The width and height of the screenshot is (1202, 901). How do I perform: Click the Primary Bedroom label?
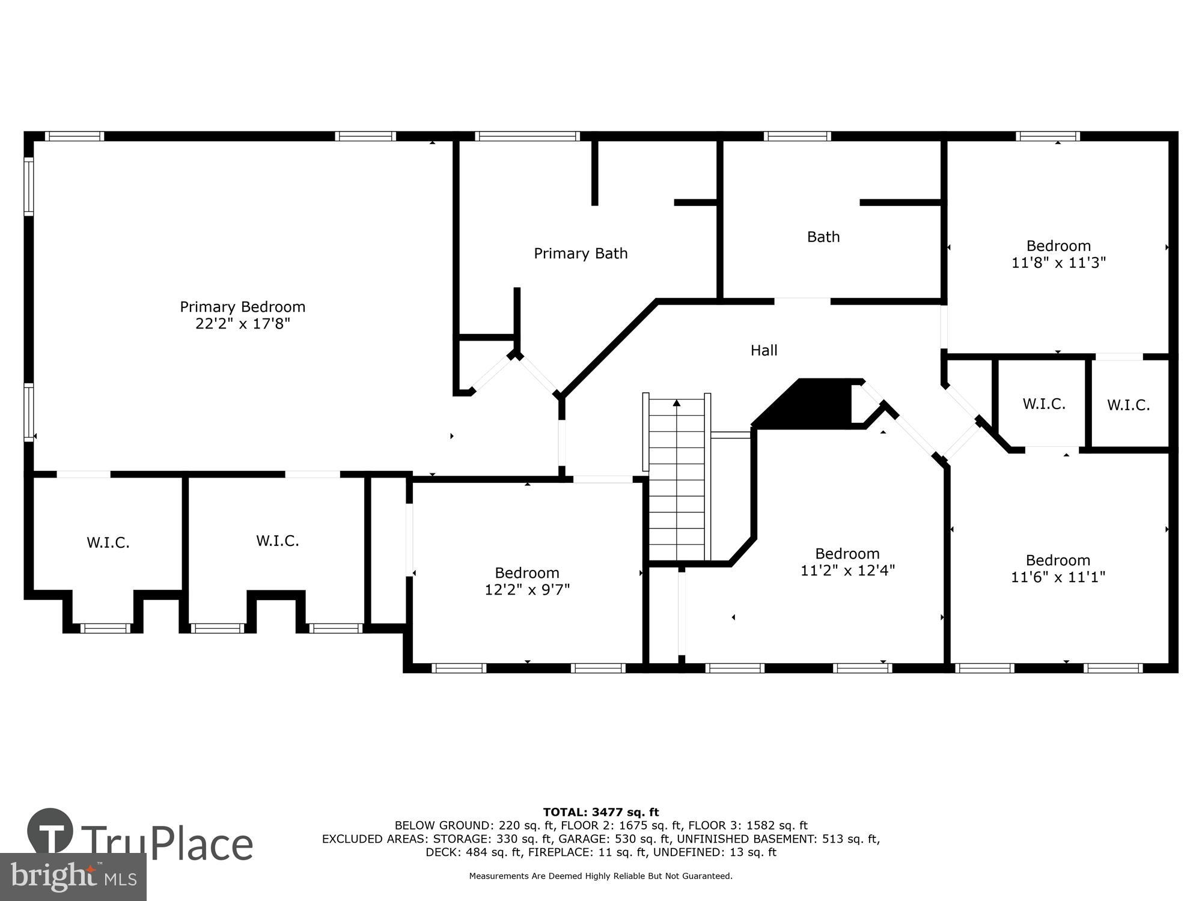(242, 307)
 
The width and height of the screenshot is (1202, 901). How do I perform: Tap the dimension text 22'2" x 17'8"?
(242, 324)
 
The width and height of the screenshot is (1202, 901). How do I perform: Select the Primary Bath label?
(581, 253)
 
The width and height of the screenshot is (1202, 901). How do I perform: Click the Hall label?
(764, 350)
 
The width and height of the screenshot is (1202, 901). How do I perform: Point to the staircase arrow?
(677, 404)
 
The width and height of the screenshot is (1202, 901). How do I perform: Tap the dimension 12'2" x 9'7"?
(527, 590)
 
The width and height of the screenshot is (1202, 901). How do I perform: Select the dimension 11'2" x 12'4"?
(847, 570)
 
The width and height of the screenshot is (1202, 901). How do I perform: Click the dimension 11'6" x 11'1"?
(1058, 577)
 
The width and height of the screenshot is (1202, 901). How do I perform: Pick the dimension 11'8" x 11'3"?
(1058, 262)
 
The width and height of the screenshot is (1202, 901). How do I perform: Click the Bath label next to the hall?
(823, 237)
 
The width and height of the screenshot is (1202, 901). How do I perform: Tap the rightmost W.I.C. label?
(1128, 405)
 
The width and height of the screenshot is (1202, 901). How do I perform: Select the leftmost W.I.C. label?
(108, 543)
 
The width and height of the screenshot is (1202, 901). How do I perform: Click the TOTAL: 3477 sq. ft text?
(600, 813)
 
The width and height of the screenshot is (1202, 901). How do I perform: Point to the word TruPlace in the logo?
(167, 844)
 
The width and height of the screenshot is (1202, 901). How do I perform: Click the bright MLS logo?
(73, 877)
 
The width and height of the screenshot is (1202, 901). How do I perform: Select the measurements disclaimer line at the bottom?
(600, 876)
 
